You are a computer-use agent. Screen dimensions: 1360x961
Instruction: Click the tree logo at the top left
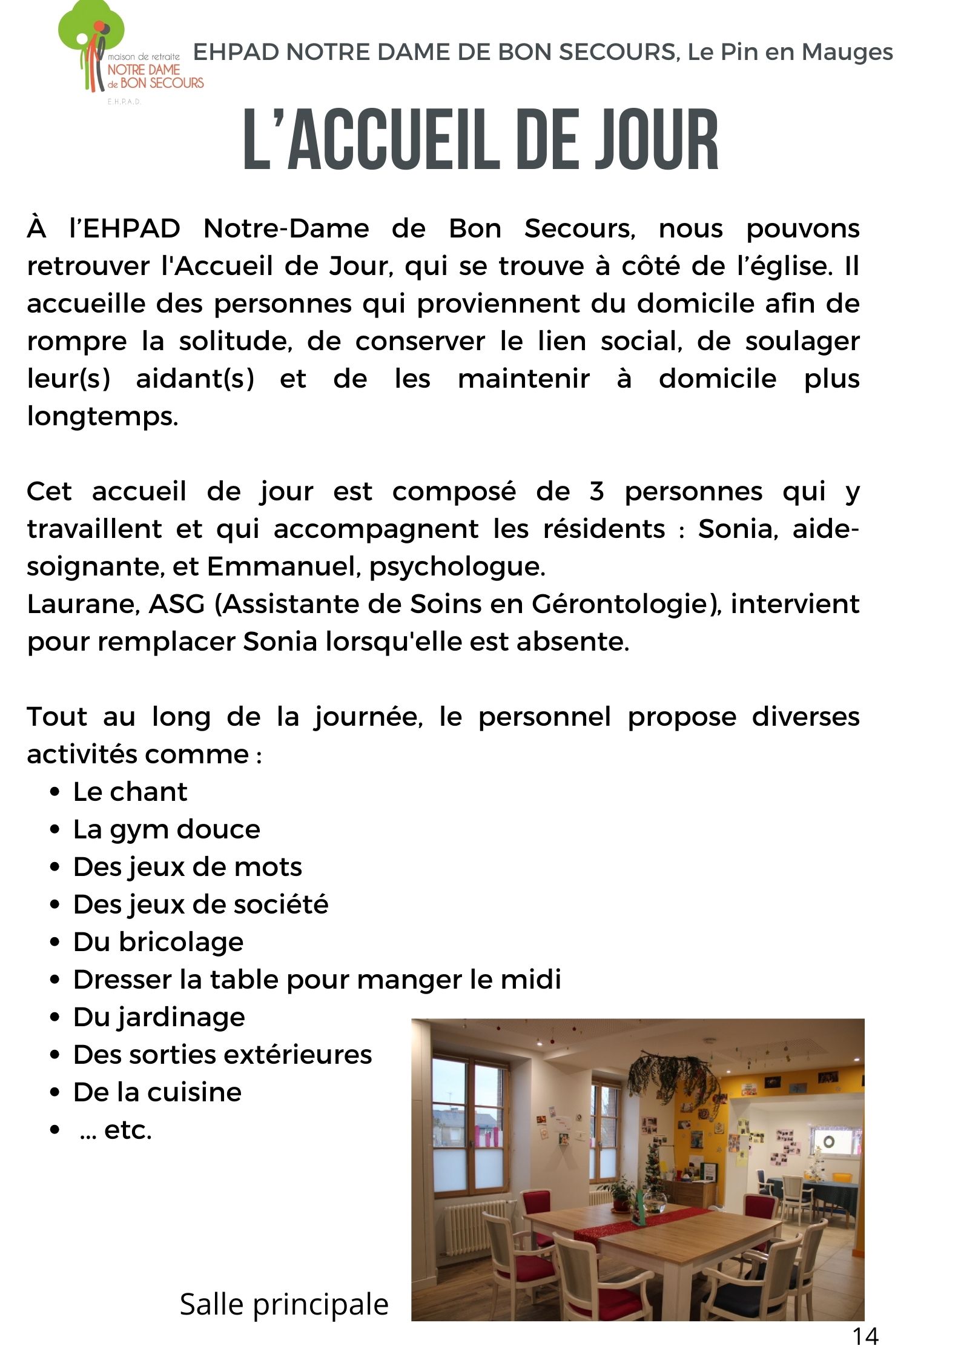(91, 42)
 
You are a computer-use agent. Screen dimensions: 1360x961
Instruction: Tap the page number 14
(865, 1336)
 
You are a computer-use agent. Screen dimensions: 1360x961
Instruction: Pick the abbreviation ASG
(177, 604)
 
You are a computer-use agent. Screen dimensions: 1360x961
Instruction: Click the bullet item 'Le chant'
(130, 792)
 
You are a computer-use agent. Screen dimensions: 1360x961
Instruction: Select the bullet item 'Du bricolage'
(158, 942)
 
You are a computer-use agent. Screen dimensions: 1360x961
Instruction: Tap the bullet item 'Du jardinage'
(159, 1017)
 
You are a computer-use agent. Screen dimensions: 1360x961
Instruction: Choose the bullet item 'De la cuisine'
(157, 1092)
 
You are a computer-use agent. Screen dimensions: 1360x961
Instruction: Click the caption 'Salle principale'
(284, 1304)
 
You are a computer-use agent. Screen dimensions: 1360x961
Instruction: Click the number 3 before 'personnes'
(596, 491)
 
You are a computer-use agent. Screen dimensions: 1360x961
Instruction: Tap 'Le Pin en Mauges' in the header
(790, 52)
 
